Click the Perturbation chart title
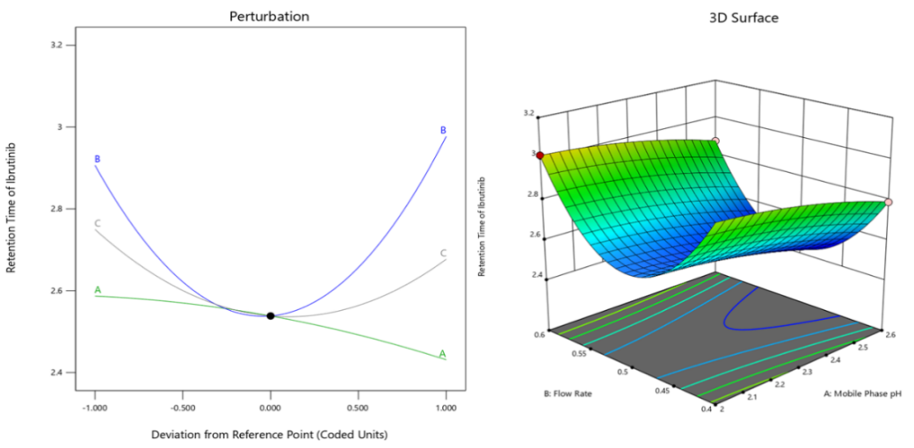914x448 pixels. click(269, 17)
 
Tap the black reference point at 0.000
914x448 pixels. click(271, 315)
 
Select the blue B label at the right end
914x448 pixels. click(443, 130)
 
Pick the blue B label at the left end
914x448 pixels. click(98, 159)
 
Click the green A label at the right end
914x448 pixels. click(443, 354)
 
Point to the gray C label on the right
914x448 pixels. click(443, 253)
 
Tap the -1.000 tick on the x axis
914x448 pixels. click(95, 408)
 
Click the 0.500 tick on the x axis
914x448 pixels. click(358, 408)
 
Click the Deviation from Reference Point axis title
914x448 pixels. click(270, 434)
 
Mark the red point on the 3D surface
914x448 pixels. click(540, 155)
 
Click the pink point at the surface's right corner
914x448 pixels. click(889, 202)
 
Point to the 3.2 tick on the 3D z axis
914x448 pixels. click(531, 113)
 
